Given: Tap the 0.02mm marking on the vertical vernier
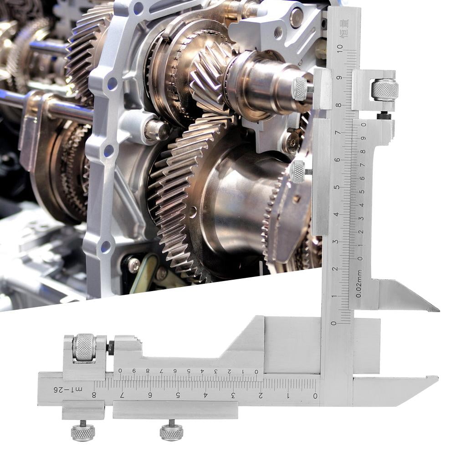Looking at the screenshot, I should point(359,283).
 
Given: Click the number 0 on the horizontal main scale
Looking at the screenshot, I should point(315,395).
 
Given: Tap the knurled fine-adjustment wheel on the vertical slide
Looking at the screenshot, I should point(384,90).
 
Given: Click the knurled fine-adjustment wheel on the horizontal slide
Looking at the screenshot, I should point(85,347).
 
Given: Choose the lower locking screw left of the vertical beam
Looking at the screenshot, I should point(298,172).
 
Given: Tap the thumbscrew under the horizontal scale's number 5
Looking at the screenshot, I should point(172,431).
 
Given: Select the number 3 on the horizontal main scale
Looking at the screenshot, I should point(233,395).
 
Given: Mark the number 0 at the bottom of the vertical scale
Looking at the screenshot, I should point(334,323).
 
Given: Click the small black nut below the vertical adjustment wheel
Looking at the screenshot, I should point(384,116).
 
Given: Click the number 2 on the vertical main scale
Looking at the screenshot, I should point(335,269).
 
